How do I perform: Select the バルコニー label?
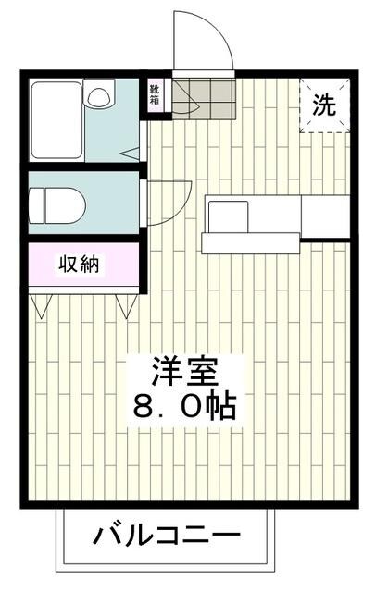(x=167, y=536)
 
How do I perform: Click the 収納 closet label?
(x=81, y=265)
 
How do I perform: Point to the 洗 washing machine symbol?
(x=323, y=105)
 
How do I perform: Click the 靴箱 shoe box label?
(x=154, y=94)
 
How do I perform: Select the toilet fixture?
(x=56, y=202)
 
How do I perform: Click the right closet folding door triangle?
(x=123, y=304)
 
